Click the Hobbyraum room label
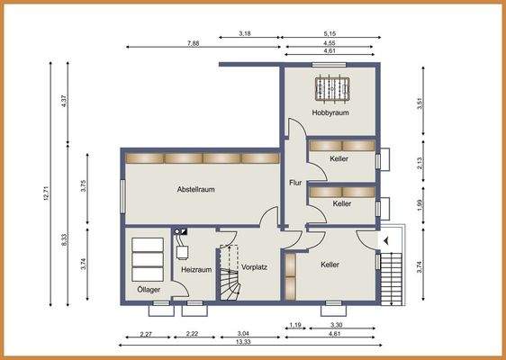pyautogui.click(x=330, y=113)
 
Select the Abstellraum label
pyautogui.click(x=195, y=190)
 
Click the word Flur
pyautogui.click(x=294, y=183)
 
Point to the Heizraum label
pyautogui.click(x=196, y=269)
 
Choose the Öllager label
pyautogui.click(x=149, y=290)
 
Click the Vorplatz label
pyautogui.click(x=255, y=267)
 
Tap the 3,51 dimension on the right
pyautogui.click(x=420, y=103)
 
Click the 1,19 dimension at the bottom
pyautogui.click(x=294, y=324)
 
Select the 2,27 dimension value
pyautogui.click(x=145, y=334)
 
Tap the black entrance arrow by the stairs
pyautogui.click(x=386, y=241)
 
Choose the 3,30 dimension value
pyautogui.click(x=337, y=324)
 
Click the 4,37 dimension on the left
pyautogui.click(x=64, y=102)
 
